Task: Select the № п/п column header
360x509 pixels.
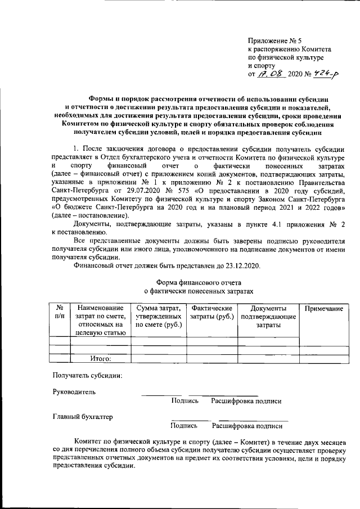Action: [59, 312]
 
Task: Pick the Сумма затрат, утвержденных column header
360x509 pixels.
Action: [158, 316]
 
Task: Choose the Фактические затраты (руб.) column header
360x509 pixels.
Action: [212, 312]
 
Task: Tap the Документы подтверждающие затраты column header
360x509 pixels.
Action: [268, 316]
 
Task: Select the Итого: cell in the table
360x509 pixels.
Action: [101, 358]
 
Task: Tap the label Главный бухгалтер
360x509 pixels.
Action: [83, 417]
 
